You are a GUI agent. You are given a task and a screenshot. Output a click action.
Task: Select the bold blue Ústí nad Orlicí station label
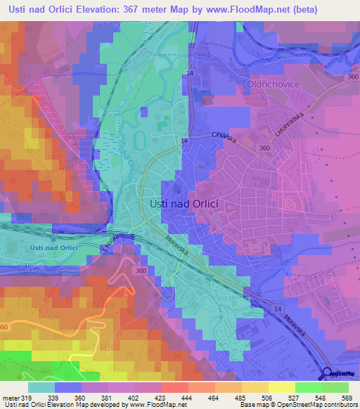[x=53, y=247]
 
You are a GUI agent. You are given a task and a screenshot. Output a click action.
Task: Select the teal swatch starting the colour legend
[x=41, y=387]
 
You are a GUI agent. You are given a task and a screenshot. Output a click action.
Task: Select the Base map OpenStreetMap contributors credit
[x=297, y=405]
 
